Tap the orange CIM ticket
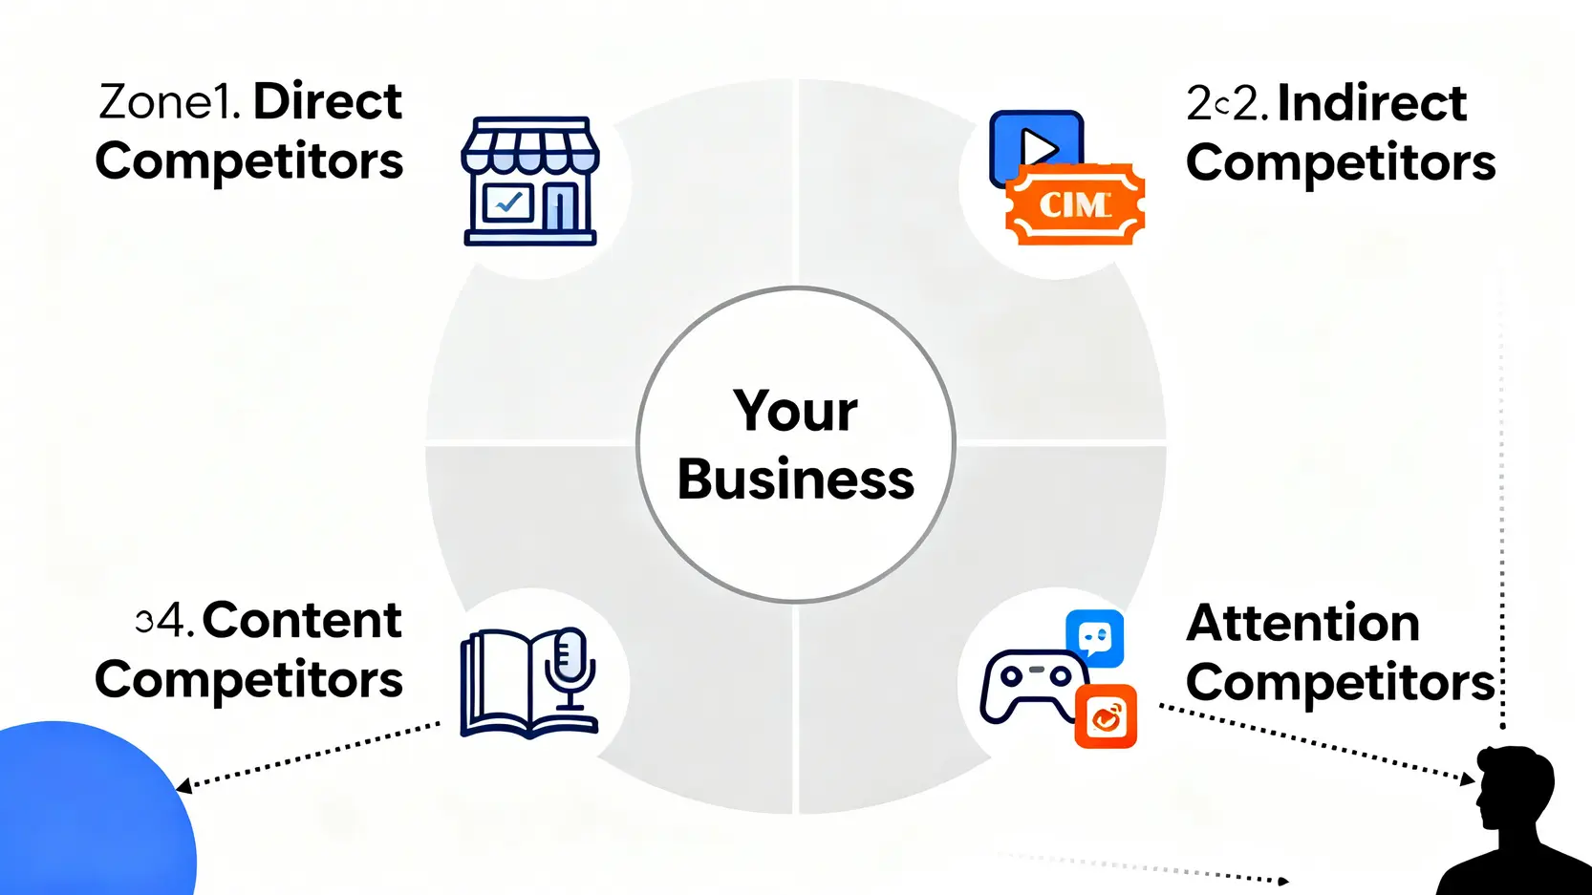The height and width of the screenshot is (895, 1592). (1075, 204)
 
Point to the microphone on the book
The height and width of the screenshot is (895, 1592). (570, 659)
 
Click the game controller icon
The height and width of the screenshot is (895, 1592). (1030, 684)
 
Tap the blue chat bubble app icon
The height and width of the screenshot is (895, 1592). (1095, 637)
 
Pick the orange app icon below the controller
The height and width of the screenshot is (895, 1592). (1106, 716)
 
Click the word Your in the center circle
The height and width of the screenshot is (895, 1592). (795, 412)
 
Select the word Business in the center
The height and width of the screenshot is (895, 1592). (795, 479)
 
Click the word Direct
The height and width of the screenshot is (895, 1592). (328, 102)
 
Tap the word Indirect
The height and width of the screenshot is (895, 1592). (1371, 103)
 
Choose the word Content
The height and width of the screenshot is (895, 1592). (302, 621)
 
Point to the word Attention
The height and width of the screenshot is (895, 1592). (1302, 624)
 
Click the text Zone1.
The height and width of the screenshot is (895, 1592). (169, 102)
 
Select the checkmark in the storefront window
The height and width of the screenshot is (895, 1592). (507, 202)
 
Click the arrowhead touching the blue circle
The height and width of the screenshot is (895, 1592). (183, 786)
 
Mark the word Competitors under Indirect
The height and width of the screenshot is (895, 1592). (1341, 163)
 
